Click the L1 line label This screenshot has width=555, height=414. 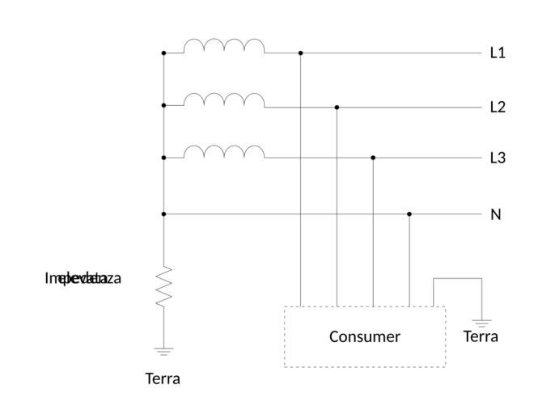[498, 53]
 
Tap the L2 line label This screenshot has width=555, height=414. [498, 107]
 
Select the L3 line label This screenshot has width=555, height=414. [498, 158]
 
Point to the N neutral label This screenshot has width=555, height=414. [496, 214]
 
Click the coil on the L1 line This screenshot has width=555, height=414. [224, 46]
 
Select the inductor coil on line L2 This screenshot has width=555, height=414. [224, 99]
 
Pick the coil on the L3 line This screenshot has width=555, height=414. [224, 151]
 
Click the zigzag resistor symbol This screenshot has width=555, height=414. [164, 286]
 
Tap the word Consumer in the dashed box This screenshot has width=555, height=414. [364, 336]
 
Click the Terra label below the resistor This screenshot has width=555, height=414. [163, 378]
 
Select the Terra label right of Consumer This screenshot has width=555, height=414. [481, 336]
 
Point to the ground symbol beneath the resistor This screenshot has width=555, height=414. [164, 351]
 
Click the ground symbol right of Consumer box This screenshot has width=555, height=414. [481, 322]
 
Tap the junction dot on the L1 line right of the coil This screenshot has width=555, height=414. [300, 53]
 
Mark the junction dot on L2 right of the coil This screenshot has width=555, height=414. [337, 107]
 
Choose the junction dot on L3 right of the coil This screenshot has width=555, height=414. [373, 158]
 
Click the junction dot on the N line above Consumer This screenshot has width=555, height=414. [409, 214]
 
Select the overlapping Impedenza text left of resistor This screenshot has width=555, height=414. [83, 279]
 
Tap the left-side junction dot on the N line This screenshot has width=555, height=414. [164, 214]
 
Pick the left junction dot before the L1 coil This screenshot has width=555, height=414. [164, 53]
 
